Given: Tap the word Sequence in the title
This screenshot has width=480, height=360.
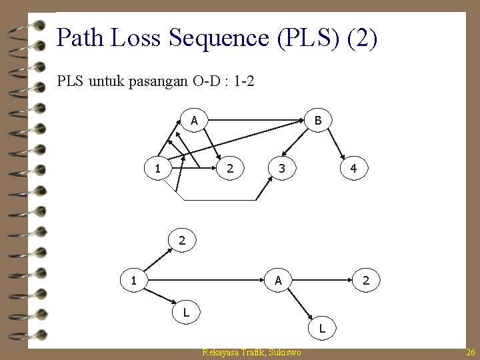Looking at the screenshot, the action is (223, 38).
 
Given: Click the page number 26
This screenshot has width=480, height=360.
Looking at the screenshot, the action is (471, 352).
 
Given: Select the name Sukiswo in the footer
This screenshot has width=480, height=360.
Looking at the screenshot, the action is (286, 352).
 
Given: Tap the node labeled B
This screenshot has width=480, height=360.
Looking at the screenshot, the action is (318, 121).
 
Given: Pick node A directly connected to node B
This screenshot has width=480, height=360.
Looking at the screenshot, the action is (193, 121).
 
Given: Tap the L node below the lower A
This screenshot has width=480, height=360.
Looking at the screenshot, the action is (323, 328).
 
